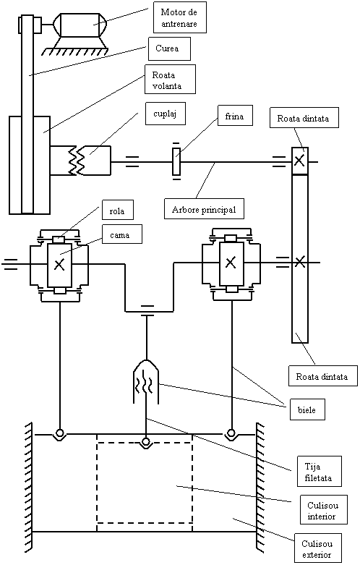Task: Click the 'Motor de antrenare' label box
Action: [x=180, y=17]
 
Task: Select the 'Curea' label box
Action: [x=169, y=48]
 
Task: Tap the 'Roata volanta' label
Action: [x=170, y=80]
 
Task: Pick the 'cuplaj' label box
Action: [x=166, y=114]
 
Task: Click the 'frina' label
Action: [x=235, y=115]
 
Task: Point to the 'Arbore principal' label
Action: [x=204, y=208]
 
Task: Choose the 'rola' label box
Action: [x=116, y=210]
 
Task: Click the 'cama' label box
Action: [x=122, y=234]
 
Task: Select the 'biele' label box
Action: [x=307, y=409]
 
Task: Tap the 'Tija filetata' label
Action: [x=320, y=471]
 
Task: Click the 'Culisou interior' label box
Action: [x=323, y=509]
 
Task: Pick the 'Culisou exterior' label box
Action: [x=318, y=548]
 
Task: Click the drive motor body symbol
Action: [x=80, y=25]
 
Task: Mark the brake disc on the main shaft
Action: [x=176, y=163]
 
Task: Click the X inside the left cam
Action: [x=59, y=265]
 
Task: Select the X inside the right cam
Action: [x=231, y=263]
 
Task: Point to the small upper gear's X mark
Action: [x=299, y=160]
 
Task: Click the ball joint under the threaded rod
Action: [x=145, y=441]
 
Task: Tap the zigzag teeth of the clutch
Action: [x=79, y=161]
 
